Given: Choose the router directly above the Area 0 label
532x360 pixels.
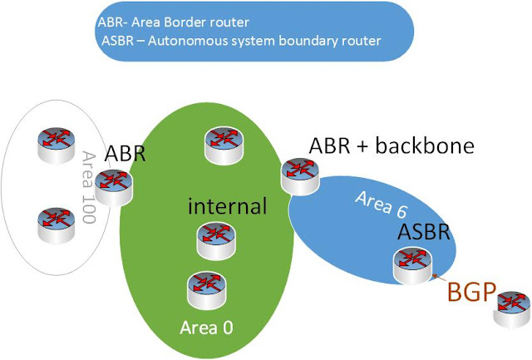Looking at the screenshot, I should point(205,288).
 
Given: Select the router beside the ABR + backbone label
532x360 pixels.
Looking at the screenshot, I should point(298,174).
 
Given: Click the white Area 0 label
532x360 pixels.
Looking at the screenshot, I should point(206,326).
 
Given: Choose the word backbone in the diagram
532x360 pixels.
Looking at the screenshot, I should point(425,146).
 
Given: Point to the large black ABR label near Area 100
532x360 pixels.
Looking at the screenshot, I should point(126,154).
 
